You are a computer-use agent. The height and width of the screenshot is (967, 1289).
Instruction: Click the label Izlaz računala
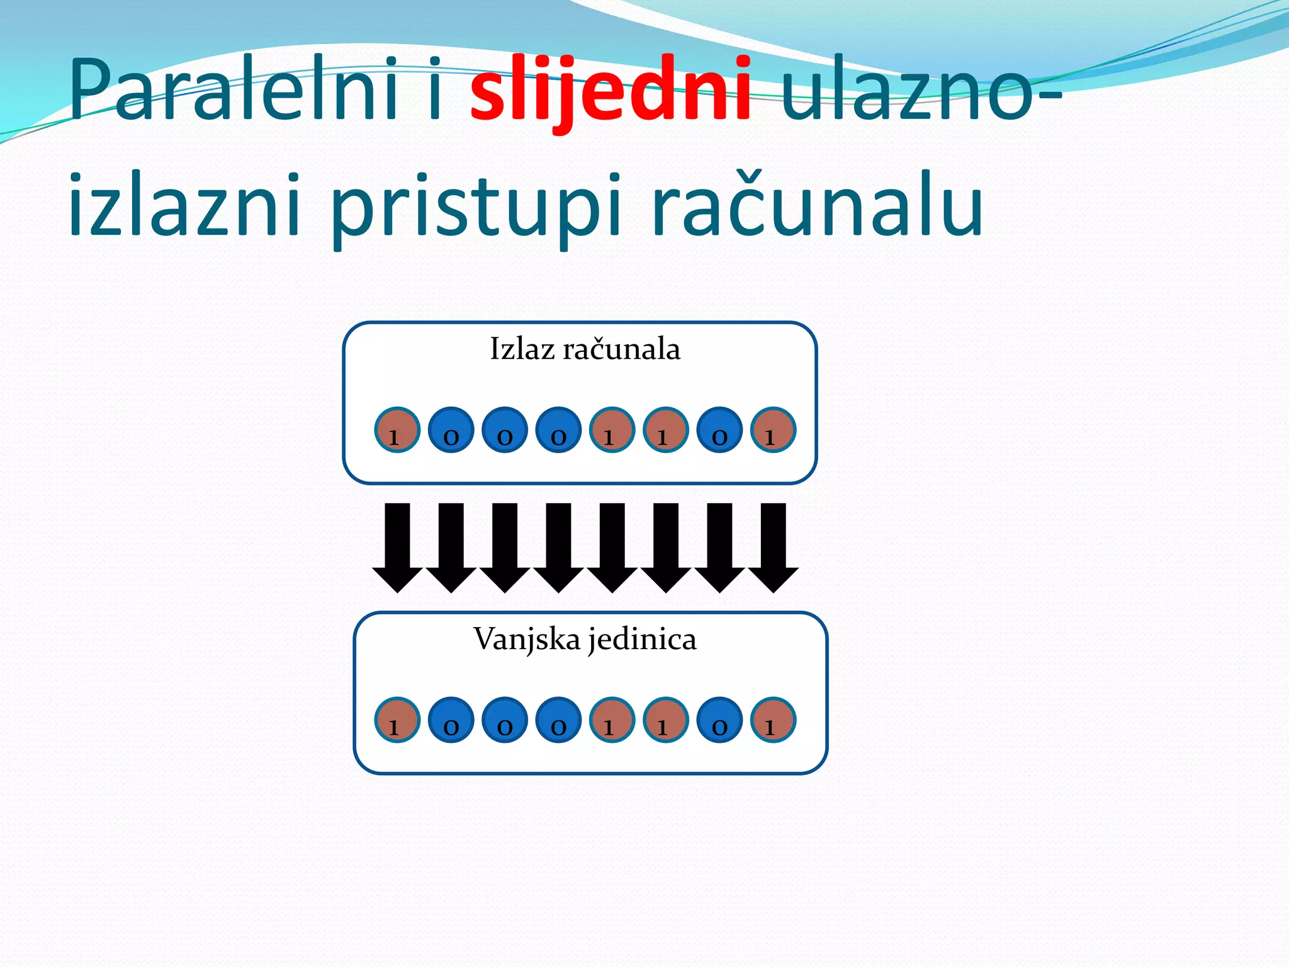coord(585,349)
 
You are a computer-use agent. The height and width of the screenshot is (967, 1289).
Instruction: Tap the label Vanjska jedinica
coord(585,640)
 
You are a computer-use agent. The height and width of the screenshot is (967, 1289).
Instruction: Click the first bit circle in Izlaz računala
coord(397,430)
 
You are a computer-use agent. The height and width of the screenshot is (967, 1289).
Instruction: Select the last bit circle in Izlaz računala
coord(774,430)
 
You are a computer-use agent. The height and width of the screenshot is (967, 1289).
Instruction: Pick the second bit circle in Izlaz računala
coord(451,430)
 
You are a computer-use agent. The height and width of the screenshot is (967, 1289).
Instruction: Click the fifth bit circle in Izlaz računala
coord(612,430)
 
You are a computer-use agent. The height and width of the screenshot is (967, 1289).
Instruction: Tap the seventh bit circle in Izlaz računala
coord(719,430)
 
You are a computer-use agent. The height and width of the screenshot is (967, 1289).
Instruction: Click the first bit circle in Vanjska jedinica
coord(397,720)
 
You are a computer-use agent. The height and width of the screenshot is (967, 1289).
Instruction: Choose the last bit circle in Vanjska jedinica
coord(774,720)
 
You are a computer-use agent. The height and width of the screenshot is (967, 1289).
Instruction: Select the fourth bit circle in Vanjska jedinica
coord(558,720)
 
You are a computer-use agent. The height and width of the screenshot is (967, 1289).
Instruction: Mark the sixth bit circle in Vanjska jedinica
coord(666,720)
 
